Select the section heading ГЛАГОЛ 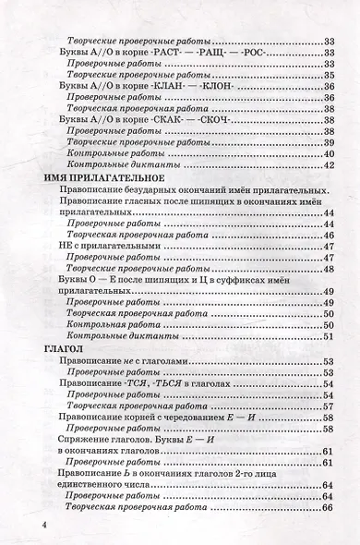click(x=65, y=347)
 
